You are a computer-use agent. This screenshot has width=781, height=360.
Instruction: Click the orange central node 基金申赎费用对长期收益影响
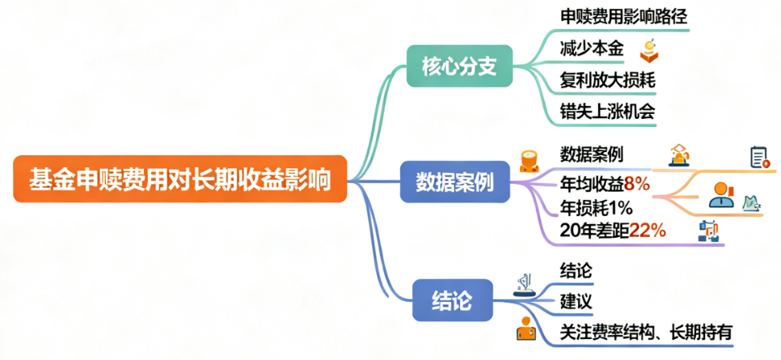click(179, 178)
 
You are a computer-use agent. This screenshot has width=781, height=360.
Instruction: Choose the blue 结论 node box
click(453, 301)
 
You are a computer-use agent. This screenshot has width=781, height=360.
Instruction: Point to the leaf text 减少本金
click(591, 49)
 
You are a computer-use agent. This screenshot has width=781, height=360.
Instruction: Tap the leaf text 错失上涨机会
click(606, 110)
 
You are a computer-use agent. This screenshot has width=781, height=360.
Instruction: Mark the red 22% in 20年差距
click(648, 231)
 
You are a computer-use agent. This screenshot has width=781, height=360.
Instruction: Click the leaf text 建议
click(576, 301)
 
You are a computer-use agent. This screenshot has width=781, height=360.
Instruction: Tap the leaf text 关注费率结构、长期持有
click(646, 331)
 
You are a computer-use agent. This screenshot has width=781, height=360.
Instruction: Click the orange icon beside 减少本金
click(648, 50)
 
